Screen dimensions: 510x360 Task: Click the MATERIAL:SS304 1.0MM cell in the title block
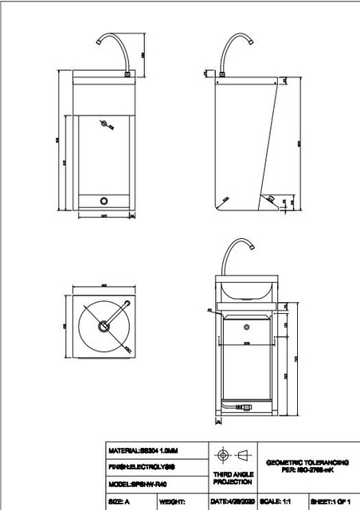point(144,450)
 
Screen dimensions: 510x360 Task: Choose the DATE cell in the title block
point(232,502)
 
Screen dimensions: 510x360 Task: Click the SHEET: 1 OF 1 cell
point(330,502)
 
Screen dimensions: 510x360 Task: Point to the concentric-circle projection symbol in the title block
point(222,455)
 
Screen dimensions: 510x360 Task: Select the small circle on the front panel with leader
point(104,123)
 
